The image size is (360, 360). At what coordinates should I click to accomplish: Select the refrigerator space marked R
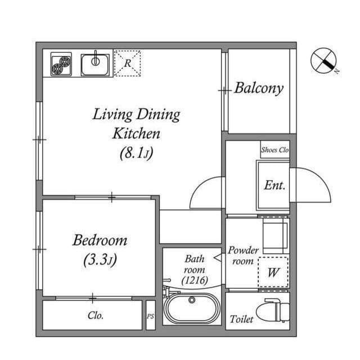(127, 64)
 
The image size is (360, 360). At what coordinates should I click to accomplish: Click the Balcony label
(259, 88)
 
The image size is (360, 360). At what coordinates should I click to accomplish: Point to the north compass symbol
(325, 60)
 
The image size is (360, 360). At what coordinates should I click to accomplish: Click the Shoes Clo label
(274, 150)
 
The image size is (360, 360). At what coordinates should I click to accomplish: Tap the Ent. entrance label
(274, 185)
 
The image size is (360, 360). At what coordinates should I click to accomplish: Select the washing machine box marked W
(273, 273)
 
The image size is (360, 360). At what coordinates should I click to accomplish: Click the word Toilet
(241, 319)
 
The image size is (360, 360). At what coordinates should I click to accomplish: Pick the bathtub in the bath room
(192, 308)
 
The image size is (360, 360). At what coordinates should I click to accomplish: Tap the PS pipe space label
(150, 317)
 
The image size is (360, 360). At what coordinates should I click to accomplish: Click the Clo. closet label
(96, 316)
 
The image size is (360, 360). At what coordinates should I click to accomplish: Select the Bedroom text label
(100, 241)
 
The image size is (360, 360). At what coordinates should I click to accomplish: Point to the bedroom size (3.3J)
(100, 260)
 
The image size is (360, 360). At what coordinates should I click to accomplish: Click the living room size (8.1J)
(136, 152)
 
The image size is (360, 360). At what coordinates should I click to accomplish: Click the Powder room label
(243, 255)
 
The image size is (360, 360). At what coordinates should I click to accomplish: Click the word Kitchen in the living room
(136, 134)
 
